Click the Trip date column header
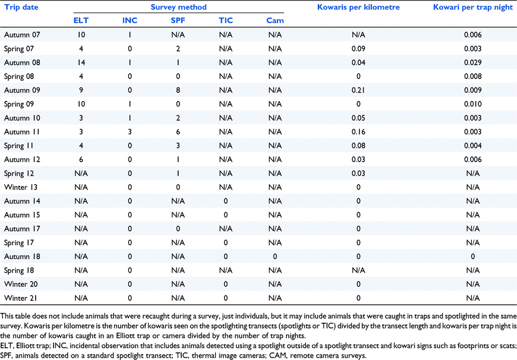tap(21, 7)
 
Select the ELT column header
tap(81, 20)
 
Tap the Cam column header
tap(275, 20)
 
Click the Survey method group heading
tap(178, 7)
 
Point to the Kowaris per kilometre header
tap(358, 7)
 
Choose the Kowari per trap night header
tap(473, 7)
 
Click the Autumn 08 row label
tap(22, 62)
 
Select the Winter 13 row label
tap(21, 187)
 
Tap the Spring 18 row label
tap(19, 271)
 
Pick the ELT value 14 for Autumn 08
tap(81, 62)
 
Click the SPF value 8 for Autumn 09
tap(178, 90)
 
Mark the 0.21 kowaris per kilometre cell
tap(358, 90)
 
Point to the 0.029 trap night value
tap(473, 62)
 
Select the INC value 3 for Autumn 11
tap(130, 132)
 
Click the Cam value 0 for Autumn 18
tap(275, 257)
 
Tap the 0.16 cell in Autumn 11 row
tap(358, 132)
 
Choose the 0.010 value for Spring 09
tap(473, 104)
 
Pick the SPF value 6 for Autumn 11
tap(178, 132)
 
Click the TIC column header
tap(226, 20)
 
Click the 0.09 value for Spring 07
tap(358, 49)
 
